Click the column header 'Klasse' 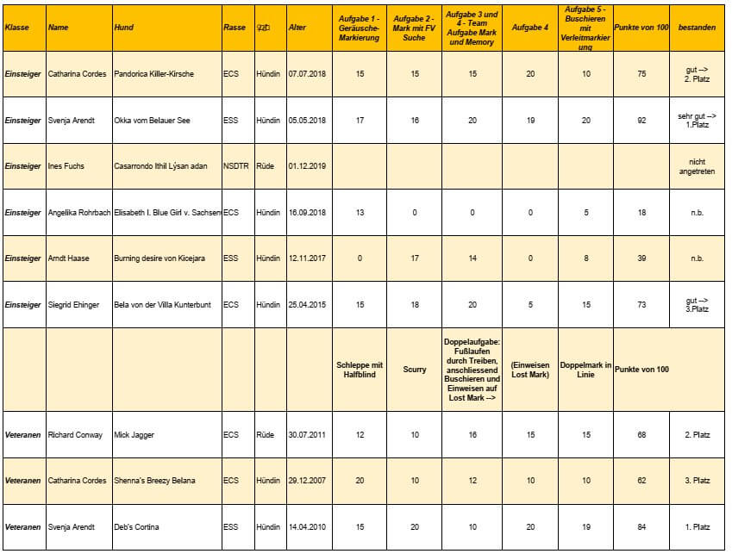tap(17, 28)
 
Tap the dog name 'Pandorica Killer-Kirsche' tap(154, 74)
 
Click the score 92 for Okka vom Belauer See tap(641, 121)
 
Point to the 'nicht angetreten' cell tap(697, 166)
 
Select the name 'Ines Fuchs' tap(66, 166)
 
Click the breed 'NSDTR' tap(236, 166)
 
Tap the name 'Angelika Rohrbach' tap(79, 212)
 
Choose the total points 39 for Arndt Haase tap(641, 258)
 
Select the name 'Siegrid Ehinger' tap(73, 305)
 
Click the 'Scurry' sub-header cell tap(415, 370)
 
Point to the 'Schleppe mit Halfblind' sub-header tap(360, 370)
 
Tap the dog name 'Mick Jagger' tap(135, 435)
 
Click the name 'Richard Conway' tap(75, 435)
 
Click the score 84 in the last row tap(641, 527)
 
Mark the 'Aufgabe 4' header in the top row tap(530, 28)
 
